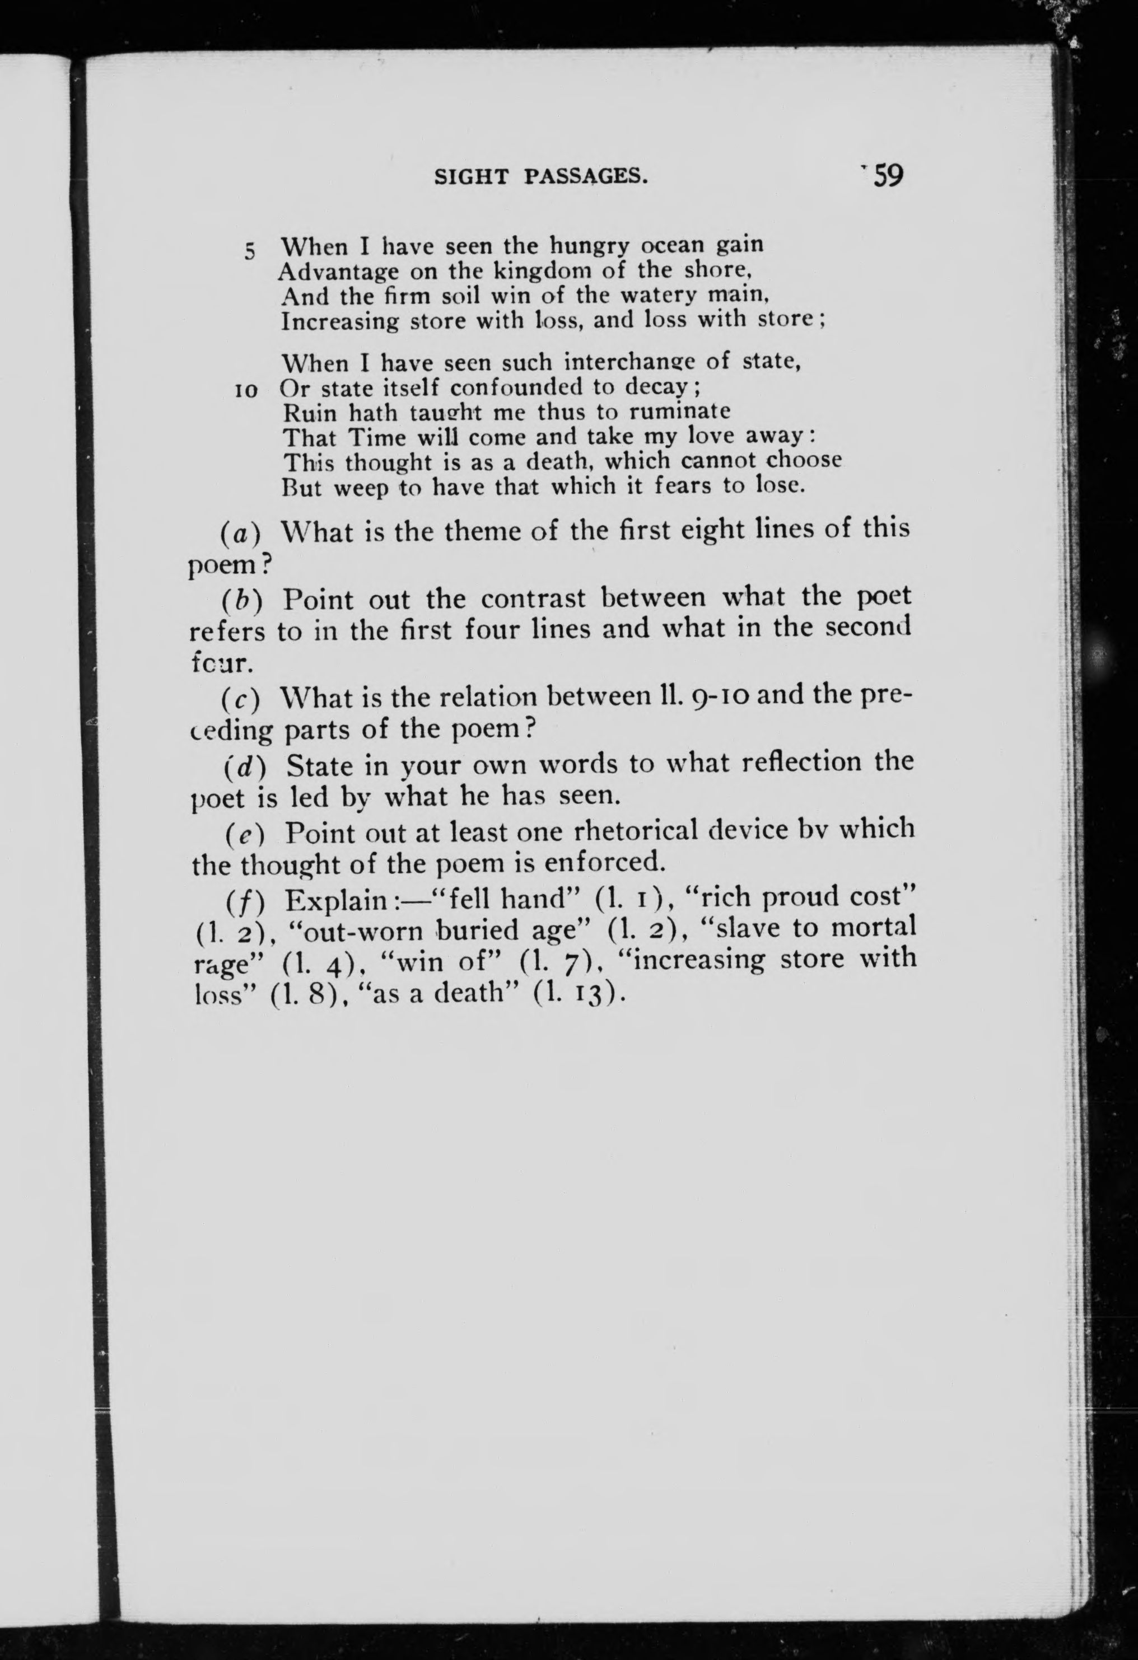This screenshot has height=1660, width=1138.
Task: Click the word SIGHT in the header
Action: pos(471,176)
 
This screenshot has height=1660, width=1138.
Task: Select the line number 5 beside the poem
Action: pos(249,251)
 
